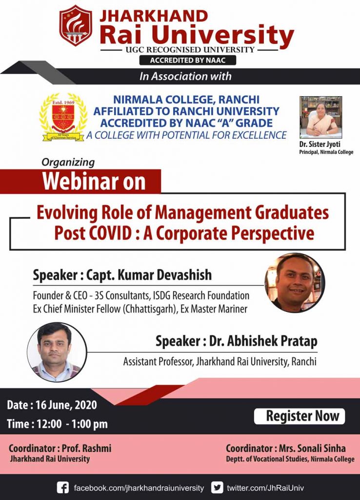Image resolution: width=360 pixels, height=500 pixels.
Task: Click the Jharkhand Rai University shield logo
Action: click(x=76, y=25)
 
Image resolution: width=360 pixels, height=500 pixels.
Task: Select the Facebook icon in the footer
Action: click(x=63, y=487)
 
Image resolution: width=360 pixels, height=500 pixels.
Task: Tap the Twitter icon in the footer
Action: click(x=217, y=487)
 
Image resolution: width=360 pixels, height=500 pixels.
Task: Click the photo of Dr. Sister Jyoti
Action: click(x=320, y=117)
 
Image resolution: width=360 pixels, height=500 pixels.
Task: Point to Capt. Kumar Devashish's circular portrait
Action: click(x=295, y=283)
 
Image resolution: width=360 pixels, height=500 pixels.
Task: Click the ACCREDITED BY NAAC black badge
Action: click(x=188, y=60)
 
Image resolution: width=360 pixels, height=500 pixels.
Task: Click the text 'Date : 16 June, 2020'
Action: click(x=52, y=405)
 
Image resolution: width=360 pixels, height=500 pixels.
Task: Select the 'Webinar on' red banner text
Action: click(x=94, y=182)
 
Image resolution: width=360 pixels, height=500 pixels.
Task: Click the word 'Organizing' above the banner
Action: click(x=68, y=162)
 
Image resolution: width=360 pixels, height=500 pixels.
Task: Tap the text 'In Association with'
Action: click(x=185, y=76)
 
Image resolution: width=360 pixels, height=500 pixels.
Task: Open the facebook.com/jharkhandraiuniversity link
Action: click(x=139, y=487)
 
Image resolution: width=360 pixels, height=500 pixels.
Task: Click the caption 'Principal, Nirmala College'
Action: click(x=326, y=152)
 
